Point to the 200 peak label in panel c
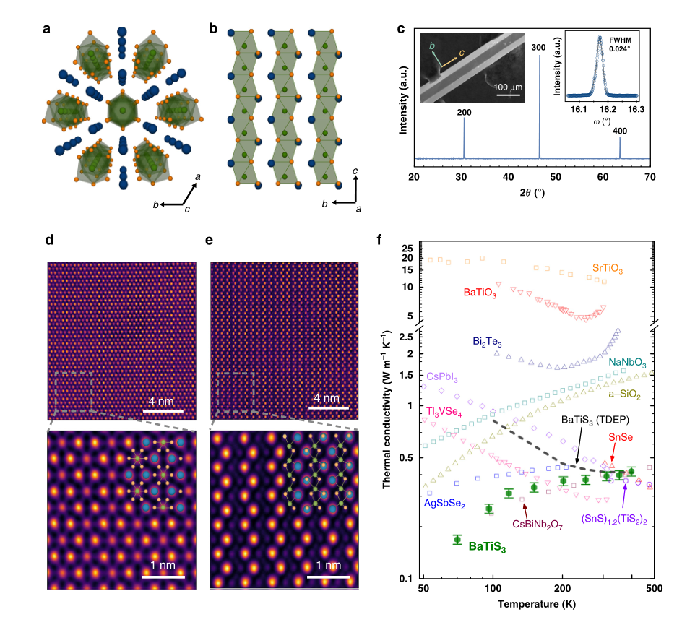click(x=464, y=113)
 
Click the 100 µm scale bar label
click(x=508, y=86)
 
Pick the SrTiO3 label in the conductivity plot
click(x=607, y=268)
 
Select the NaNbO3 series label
click(x=626, y=362)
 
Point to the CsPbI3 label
click(x=443, y=377)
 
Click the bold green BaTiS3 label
click(x=487, y=548)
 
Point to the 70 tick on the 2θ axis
click(x=649, y=176)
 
